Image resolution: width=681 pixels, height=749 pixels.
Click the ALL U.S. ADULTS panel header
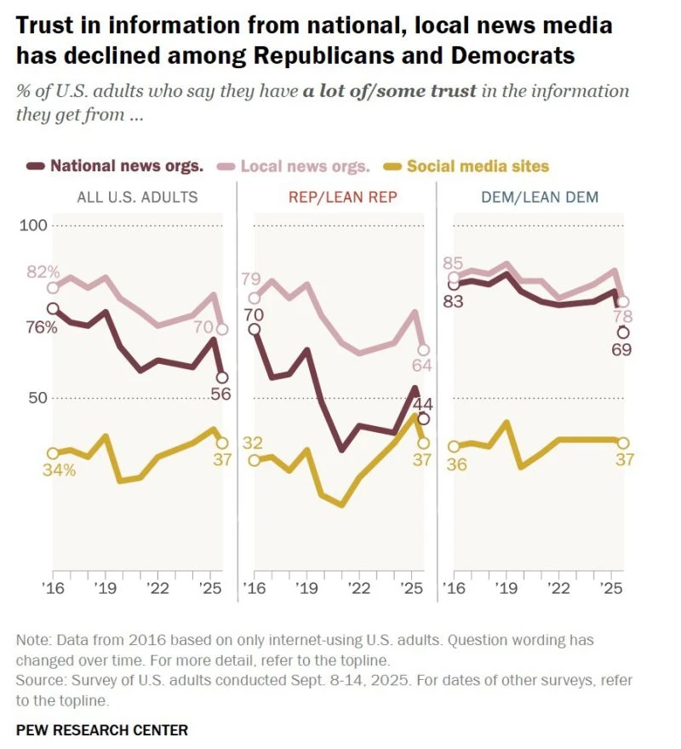tap(137, 197)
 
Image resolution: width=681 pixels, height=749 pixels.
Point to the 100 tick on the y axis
tap(34, 226)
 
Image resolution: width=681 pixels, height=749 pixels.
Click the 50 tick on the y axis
tap(37, 398)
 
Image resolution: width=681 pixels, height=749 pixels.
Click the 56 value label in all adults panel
tap(221, 394)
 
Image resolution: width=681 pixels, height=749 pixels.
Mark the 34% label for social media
tap(58, 470)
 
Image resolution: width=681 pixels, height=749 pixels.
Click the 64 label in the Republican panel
tap(423, 366)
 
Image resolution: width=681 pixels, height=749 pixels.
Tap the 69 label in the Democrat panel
tap(621, 349)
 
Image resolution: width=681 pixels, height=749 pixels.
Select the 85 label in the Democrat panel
tap(453, 262)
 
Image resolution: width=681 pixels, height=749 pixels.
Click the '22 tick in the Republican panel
tap(359, 589)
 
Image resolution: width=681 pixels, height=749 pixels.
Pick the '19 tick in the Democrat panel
tap(506, 589)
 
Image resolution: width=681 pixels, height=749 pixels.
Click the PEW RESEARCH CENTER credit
tap(102, 730)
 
